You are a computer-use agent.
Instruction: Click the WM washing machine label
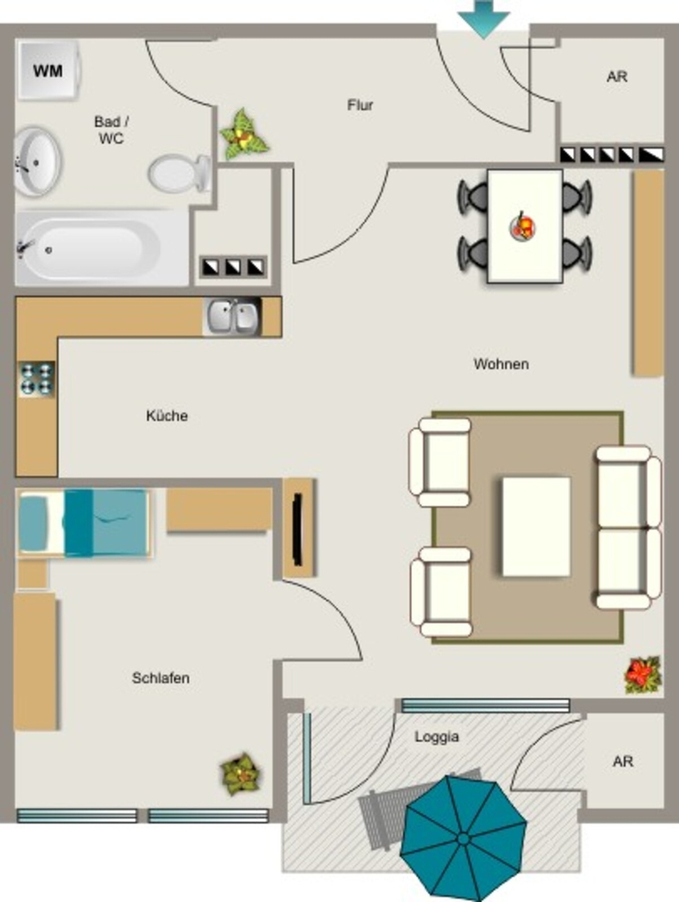[48, 70]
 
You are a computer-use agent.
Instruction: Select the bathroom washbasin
[37, 162]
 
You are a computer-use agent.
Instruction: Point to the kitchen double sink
[232, 316]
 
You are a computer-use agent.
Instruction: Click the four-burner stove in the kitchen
[36, 379]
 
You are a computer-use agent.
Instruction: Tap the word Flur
[360, 106]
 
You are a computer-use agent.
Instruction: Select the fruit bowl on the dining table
[523, 226]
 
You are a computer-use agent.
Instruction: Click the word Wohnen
[501, 364]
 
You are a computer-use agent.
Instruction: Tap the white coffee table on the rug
[536, 527]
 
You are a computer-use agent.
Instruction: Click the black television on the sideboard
[298, 529]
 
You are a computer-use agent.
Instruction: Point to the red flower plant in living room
[642, 674]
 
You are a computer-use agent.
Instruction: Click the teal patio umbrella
[463, 839]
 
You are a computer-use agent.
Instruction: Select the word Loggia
[436, 736]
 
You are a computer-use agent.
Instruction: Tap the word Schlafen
[160, 677]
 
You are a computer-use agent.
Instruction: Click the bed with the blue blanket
[84, 523]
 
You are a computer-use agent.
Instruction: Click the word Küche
[167, 416]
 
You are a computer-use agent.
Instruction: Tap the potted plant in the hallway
[243, 135]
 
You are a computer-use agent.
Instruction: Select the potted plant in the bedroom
[241, 773]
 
